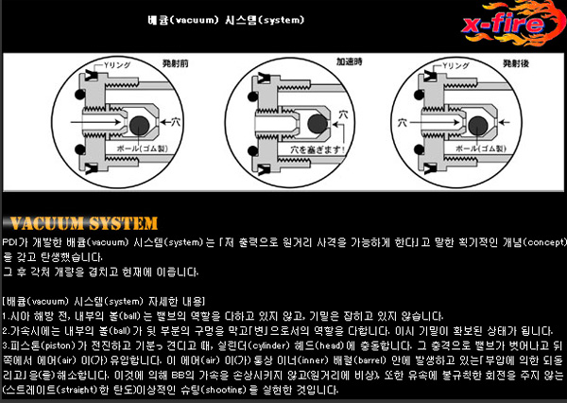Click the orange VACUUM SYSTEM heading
[x=79, y=223]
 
